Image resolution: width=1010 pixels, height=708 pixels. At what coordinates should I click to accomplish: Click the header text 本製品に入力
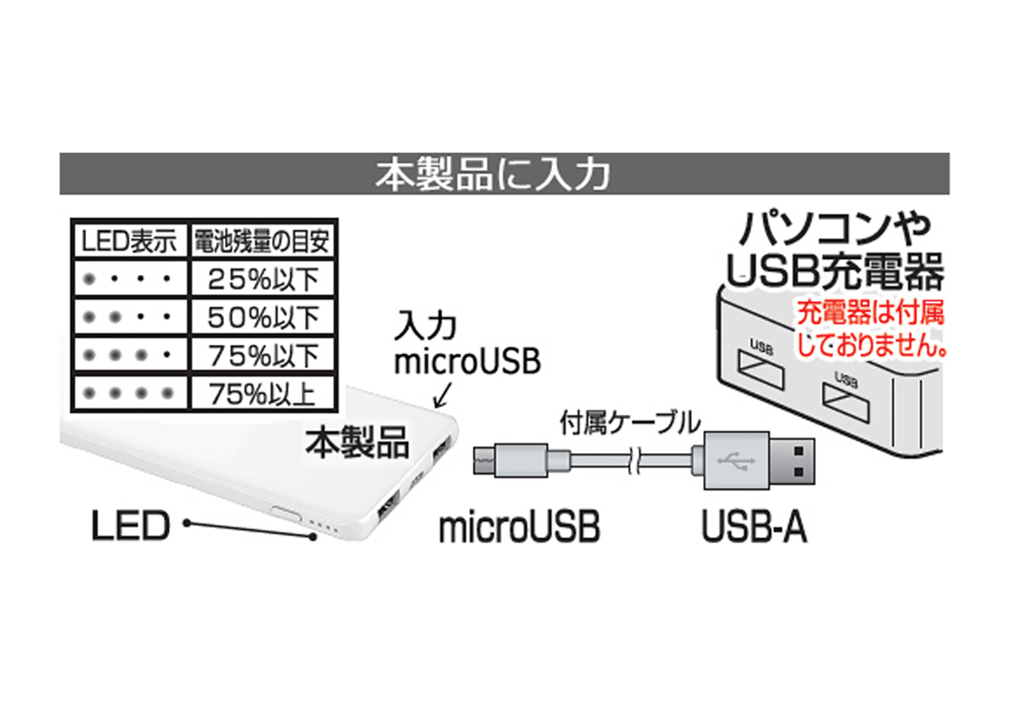click(x=493, y=175)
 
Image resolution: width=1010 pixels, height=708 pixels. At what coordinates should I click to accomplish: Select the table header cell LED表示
click(x=129, y=241)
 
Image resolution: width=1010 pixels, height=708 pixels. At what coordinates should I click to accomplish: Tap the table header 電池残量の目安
click(x=262, y=241)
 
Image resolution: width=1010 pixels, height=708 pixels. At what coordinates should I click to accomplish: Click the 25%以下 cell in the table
click(x=262, y=278)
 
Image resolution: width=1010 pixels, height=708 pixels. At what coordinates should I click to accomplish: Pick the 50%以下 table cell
click(x=262, y=317)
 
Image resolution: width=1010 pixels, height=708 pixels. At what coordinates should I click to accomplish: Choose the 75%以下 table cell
click(x=262, y=355)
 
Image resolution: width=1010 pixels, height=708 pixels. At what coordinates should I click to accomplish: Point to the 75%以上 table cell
click(x=262, y=393)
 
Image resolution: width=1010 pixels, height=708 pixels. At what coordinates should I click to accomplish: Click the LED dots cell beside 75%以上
click(x=129, y=393)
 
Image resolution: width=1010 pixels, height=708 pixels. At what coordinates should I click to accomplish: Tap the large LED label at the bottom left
click(x=131, y=525)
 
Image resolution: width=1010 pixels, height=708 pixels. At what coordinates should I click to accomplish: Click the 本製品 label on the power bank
click(x=357, y=442)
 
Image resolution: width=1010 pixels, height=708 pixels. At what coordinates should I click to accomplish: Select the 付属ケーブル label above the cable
click(x=630, y=422)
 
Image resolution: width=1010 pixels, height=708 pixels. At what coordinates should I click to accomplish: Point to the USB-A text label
click(x=755, y=526)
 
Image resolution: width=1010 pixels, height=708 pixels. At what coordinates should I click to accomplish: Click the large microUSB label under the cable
click(x=520, y=526)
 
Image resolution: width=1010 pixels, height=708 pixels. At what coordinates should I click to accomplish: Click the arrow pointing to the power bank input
click(x=442, y=395)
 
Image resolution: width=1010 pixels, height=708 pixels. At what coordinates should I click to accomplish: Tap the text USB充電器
click(x=835, y=271)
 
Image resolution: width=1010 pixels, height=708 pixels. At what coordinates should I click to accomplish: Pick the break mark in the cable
click(x=634, y=461)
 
